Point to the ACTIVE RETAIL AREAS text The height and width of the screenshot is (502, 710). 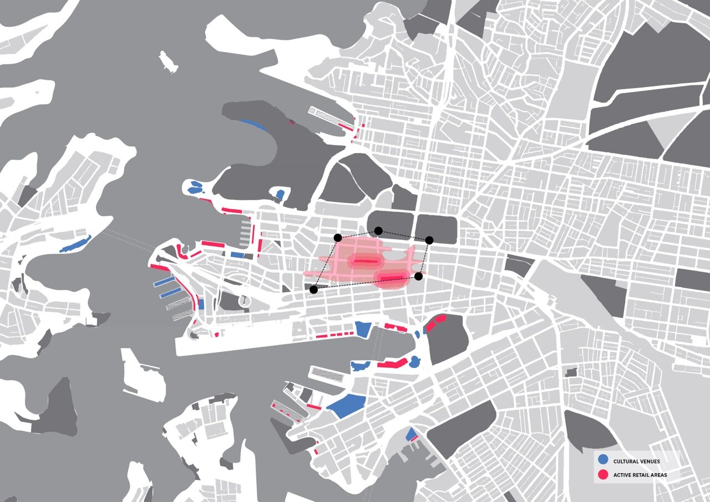coord(640,475)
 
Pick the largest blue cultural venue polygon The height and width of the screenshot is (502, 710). coord(347,406)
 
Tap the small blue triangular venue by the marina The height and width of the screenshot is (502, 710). coord(412,434)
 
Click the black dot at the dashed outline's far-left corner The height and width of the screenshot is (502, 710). coord(314,289)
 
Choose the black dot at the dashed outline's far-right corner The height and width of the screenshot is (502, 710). coord(429,240)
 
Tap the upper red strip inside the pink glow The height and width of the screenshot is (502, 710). coord(364,261)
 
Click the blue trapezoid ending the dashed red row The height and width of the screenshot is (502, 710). coord(362,329)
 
